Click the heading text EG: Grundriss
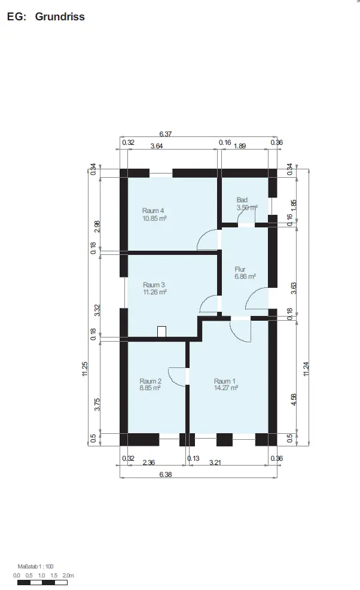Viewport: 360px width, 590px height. tap(45, 17)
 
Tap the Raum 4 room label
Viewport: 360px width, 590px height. tap(152, 211)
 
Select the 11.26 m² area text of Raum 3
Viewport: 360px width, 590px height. tap(155, 292)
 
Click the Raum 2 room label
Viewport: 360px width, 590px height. tap(150, 381)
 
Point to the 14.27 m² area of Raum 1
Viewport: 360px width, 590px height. tap(225, 388)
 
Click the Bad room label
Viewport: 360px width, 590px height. tap(242, 200)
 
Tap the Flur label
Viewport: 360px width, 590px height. tap(240, 269)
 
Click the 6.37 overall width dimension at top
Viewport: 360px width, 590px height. tap(166, 134)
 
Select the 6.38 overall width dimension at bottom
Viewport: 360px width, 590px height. tap(166, 475)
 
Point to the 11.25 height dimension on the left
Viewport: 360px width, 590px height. tap(85, 369)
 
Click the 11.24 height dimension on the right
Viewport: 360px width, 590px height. tap(306, 369)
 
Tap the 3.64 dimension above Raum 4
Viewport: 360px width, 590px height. tap(157, 146)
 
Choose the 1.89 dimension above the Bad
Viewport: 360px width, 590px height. tap(240, 146)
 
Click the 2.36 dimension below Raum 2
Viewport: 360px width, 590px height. tap(148, 463)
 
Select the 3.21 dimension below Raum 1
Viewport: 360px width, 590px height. tap(215, 463)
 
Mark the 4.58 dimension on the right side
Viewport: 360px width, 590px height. tap(294, 399)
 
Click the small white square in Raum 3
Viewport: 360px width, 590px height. tap(161, 332)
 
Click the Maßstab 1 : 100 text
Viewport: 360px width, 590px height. tap(35, 566)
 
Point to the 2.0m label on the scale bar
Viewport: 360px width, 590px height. tap(68, 575)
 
